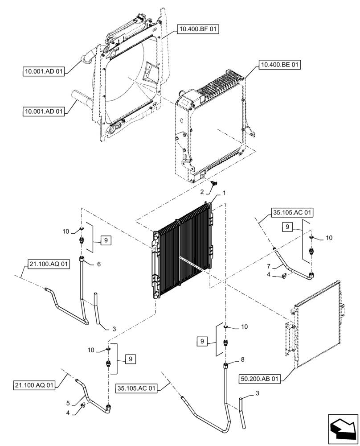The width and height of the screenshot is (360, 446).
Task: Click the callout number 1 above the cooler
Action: pos(224,193)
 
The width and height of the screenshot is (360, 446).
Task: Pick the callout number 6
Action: pos(98,264)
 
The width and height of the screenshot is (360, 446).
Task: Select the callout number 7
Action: pos(268,266)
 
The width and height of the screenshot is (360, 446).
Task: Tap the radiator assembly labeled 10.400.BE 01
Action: pos(212,125)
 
